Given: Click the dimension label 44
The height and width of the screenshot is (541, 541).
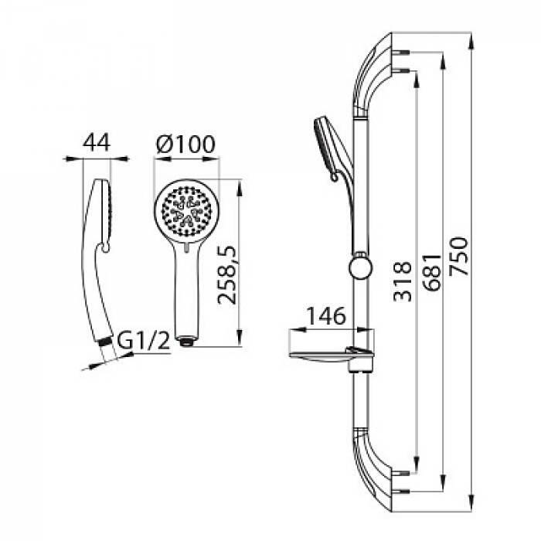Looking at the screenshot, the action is tap(97, 142).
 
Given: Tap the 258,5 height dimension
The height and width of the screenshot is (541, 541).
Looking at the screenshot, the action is tap(227, 275).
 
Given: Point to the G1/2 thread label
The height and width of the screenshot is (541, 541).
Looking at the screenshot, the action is tap(144, 340).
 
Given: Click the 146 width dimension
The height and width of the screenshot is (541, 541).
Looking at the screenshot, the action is tap(326, 315).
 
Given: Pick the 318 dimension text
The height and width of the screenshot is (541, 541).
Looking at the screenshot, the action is tap(403, 281).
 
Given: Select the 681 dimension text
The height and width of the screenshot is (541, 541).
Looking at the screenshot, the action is tap(433, 273).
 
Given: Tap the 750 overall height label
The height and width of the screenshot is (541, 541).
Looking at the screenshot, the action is tap(460, 256).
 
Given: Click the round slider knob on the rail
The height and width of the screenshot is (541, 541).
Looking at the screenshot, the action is tap(361, 267).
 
